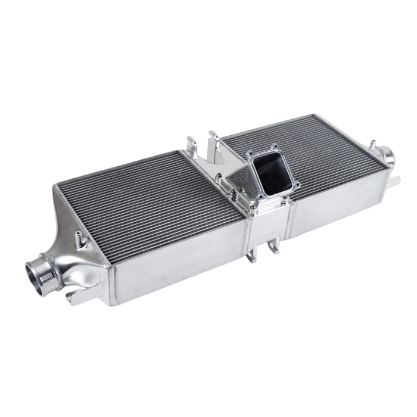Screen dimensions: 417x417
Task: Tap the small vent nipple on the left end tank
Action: (x=78, y=238)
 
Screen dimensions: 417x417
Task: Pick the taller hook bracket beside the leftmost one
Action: (x=213, y=140)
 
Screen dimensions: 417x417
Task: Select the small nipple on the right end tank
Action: (x=372, y=145)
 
